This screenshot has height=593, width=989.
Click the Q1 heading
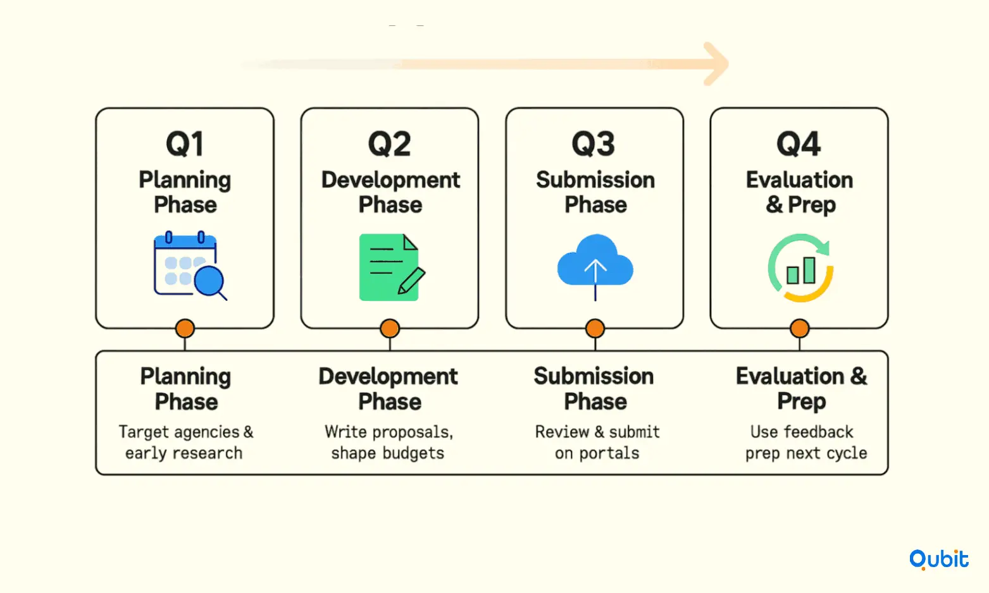pos(185,144)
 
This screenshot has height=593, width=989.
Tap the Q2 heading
pos(389,144)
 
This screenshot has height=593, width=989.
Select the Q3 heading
pos(594,144)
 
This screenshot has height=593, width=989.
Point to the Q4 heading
pos(799,144)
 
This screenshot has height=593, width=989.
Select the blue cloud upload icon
pos(595,267)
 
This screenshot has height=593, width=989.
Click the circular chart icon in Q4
pos(800,267)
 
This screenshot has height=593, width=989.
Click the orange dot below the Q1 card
pos(185,329)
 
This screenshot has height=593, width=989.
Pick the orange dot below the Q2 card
pos(390,329)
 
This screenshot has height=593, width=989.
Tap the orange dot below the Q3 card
pos(595,329)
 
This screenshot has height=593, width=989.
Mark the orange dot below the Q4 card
pos(800,329)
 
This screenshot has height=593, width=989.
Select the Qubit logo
pos(939,559)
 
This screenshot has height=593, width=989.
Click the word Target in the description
pos(144,432)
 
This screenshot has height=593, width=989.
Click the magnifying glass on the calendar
pos(210,283)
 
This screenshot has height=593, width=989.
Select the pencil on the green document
pos(411,281)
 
